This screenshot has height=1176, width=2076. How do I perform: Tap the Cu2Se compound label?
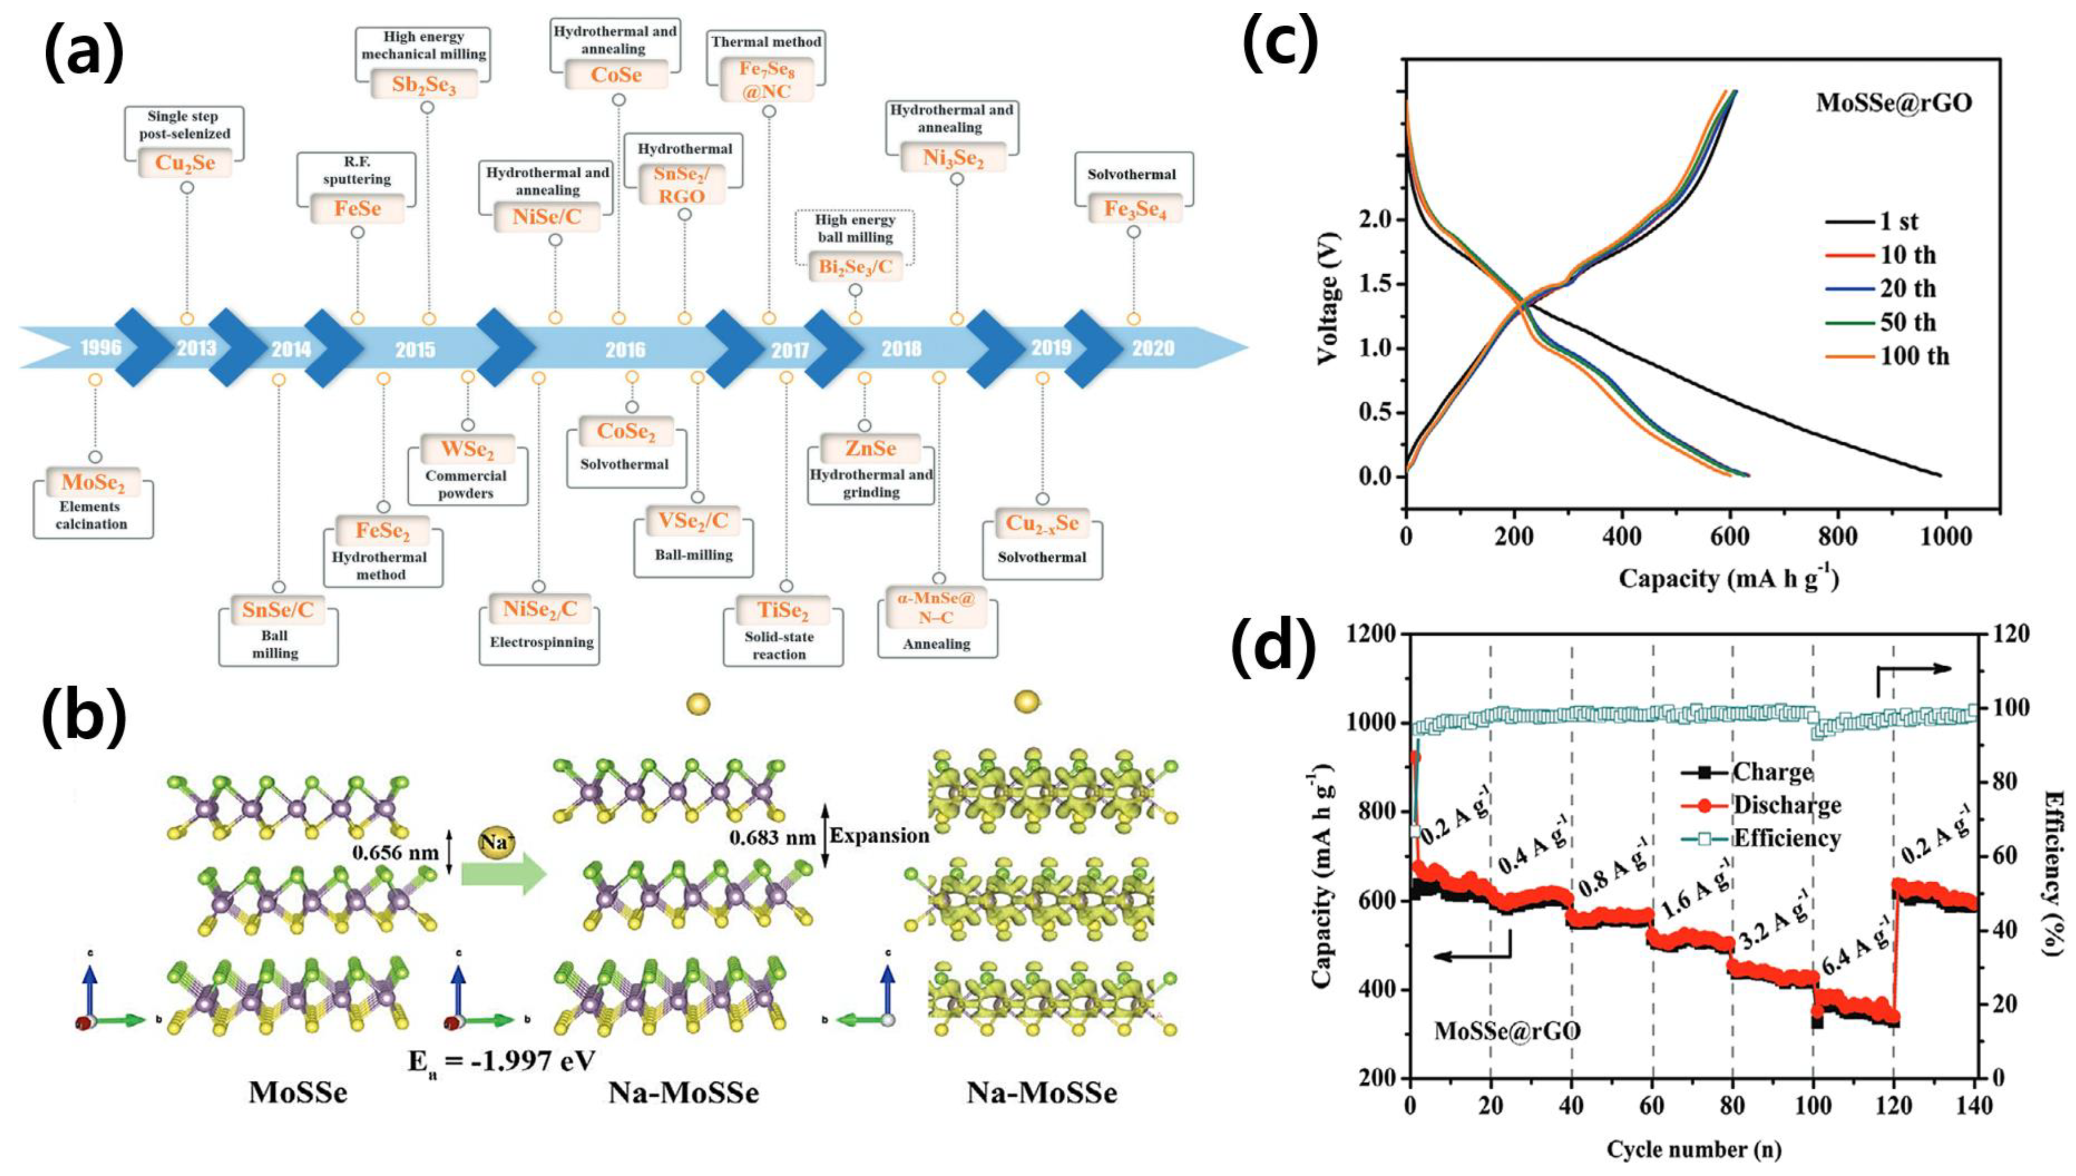tap(185, 163)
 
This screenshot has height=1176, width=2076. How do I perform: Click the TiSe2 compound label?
tap(782, 610)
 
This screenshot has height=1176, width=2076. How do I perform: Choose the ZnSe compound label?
tap(870, 448)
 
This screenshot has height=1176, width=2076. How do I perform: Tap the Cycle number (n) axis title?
tap(1693, 1149)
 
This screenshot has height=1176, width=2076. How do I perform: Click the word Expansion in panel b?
tap(879, 836)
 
